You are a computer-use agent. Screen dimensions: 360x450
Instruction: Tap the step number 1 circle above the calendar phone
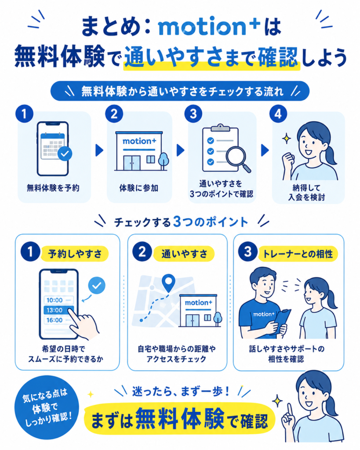(25, 114)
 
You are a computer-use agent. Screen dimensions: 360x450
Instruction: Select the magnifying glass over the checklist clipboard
(238, 159)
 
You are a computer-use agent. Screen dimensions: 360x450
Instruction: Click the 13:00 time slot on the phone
(58, 310)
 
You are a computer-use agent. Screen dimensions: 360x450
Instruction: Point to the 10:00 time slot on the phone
(58, 300)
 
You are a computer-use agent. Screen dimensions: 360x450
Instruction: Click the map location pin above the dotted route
(168, 283)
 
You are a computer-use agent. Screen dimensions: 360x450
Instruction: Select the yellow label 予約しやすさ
(75, 254)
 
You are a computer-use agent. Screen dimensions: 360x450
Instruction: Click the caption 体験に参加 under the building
(139, 188)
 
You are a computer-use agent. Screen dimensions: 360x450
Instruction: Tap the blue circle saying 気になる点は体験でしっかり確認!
(47, 407)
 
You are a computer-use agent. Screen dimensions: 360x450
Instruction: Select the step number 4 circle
(278, 114)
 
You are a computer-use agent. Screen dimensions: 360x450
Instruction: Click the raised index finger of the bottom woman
(290, 410)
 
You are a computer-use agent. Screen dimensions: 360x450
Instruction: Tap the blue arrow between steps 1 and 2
(99, 150)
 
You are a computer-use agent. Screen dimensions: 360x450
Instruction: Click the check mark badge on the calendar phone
(65, 153)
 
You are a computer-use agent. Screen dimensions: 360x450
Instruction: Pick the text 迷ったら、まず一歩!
(181, 391)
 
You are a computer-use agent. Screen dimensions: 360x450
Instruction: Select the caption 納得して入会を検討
(306, 192)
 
